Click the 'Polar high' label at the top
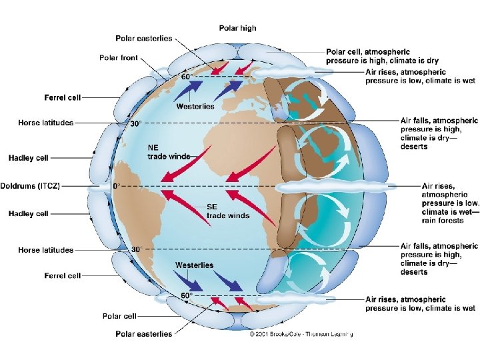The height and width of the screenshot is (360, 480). (237, 28)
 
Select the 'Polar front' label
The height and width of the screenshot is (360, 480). (119, 58)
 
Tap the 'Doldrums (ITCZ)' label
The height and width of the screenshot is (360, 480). (30, 185)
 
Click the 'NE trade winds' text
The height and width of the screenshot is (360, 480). (169, 151)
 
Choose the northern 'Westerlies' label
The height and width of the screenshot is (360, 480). (195, 106)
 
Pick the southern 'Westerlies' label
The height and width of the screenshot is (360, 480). (194, 265)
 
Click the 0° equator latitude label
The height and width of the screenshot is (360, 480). (116, 186)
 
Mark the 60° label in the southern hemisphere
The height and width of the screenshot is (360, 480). (187, 295)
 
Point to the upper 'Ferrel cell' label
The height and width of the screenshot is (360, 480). (63, 97)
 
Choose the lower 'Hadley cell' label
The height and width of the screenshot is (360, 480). (28, 214)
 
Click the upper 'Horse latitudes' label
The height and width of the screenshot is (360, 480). (45, 123)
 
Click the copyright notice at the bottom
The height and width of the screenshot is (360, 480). (301, 334)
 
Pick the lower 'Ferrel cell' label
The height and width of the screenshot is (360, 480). (63, 275)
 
